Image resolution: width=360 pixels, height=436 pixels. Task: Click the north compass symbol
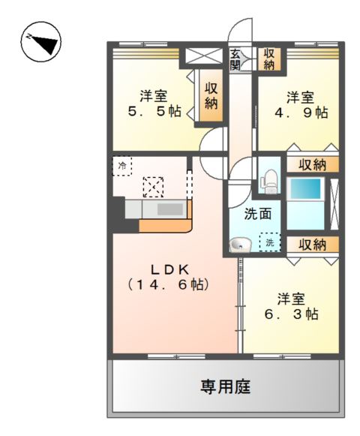(x=40, y=42)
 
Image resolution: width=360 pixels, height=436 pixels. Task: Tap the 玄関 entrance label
(x=235, y=60)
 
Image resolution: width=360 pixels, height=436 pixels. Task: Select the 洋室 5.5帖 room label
(x=154, y=104)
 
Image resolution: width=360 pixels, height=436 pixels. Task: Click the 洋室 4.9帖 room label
(x=301, y=105)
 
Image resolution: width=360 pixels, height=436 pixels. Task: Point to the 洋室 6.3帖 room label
(x=291, y=306)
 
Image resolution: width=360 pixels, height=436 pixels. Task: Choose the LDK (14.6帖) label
(x=169, y=277)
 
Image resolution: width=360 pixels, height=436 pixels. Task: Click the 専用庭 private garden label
(x=226, y=386)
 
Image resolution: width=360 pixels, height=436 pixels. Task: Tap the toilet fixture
(x=268, y=182)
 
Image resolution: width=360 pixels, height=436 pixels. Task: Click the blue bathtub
(x=305, y=189)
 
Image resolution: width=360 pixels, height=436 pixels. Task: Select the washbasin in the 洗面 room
(x=240, y=245)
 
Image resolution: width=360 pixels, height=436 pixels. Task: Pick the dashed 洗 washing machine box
(x=270, y=242)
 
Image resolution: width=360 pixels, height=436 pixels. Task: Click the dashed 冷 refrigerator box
(x=122, y=166)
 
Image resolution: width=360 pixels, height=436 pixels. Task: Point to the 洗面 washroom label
(x=258, y=214)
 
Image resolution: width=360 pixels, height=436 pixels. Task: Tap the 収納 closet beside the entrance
(x=268, y=59)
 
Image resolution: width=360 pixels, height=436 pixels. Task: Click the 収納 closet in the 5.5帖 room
(x=211, y=96)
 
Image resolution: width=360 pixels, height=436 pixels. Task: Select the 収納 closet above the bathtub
(x=313, y=164)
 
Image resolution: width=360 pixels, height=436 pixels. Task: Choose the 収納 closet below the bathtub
(x=313, y=244)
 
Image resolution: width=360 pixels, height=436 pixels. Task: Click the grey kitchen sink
(x=170, y=209)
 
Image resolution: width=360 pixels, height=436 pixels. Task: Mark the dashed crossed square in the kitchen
(x=153, y=187)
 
